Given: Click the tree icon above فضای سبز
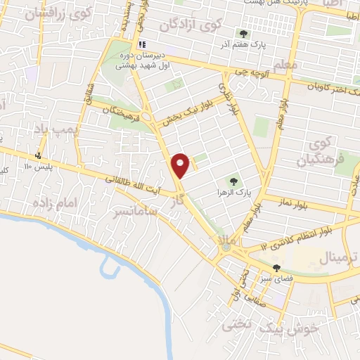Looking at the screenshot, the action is pos(277,268).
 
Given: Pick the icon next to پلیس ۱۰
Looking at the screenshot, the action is pos(38,155).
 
